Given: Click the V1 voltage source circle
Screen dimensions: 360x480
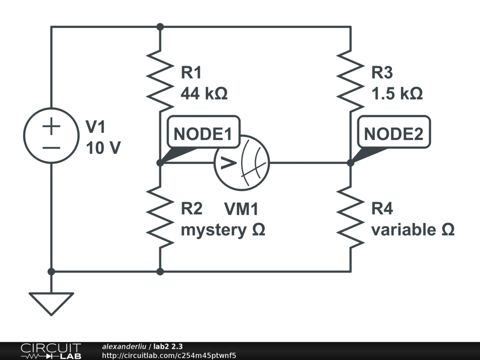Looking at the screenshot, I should point(51,135).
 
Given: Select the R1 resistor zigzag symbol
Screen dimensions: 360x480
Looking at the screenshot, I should point(160,77).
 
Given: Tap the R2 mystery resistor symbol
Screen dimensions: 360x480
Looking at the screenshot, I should point(160,217).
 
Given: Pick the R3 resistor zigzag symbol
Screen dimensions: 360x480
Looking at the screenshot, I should point(351,77).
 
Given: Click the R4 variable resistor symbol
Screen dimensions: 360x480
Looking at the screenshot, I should point(351,217).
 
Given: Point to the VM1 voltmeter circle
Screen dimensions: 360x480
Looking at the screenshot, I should point(242,163).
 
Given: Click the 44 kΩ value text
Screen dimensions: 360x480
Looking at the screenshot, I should point(204,93).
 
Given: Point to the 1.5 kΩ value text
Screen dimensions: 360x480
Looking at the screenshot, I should point(397,93).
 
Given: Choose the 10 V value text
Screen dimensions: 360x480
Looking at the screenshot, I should point(103,148).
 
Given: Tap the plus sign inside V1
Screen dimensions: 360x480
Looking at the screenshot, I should point(52,127).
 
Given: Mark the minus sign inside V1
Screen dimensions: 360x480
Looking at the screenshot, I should point(52,147).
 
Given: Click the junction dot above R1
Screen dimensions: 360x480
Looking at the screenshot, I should point(160,27).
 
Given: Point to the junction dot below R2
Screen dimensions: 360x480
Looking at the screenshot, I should point(160,271).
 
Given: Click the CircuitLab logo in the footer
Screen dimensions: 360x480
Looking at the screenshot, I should point(50,351).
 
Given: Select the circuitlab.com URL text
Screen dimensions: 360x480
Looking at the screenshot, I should point(169,355).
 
